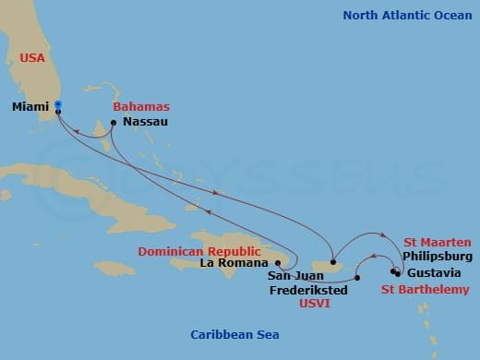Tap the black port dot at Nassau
point(114,122)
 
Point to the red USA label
point(33,57)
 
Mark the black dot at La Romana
point(278,262)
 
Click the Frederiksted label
point(308,289)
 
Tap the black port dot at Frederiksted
point(357,277)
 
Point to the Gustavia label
point(437,273)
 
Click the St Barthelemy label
point(430,290)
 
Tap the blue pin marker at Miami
point(57,104)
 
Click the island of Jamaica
point(114,268)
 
